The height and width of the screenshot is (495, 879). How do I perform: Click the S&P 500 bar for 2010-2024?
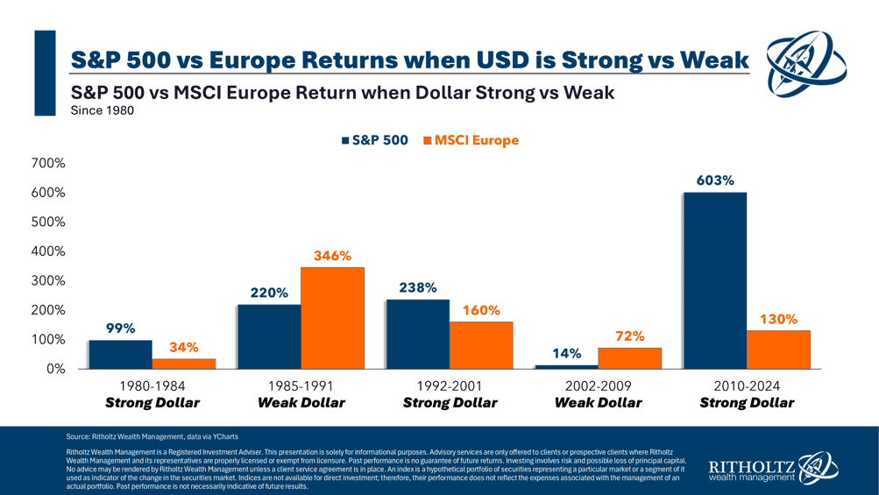[714, 280]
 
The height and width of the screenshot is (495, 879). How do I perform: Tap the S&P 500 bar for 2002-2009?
[566, 366]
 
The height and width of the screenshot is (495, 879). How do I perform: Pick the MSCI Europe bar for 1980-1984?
[183, 363]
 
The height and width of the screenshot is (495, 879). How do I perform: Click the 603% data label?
[714, 180]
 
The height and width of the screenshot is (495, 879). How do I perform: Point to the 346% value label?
[332, 256]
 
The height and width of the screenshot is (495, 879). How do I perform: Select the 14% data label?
[566, 353]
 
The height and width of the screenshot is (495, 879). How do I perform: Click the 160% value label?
[481, 310]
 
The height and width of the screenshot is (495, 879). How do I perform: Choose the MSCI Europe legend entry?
[471, 140]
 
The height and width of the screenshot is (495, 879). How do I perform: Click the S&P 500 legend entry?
[375, 140]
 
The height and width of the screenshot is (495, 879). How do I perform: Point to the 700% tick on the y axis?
[48, 163]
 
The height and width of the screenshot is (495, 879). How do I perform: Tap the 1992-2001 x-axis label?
[450, 386]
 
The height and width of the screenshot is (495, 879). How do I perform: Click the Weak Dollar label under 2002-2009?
[599, 403]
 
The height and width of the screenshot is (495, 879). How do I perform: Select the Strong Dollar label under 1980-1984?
[152, 403]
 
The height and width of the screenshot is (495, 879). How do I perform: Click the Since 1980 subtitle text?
[102, 110]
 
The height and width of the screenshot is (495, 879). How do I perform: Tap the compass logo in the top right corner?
[805, 63]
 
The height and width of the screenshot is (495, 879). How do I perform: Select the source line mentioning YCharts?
[152, 436]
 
